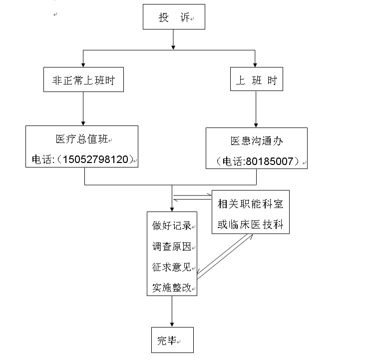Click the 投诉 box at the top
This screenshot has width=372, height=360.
(x=174, y=16)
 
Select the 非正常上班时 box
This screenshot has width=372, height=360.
(x=83, y=79)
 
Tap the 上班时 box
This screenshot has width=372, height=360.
(x=257, y=79)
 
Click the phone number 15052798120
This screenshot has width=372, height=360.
(x=95, y=159)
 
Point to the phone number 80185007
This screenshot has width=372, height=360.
(x=270, y=161)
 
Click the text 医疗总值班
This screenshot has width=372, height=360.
(x=82, y=139)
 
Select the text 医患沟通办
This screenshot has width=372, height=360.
(x=257, y=141)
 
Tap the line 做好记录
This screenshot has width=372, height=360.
(x=172, y=225)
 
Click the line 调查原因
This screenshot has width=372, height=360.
(x=172, y=246)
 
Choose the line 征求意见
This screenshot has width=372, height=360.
(x=172, y=267)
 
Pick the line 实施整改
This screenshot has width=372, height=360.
(x=172, y=288)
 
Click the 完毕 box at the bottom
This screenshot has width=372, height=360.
(x=172, y=340)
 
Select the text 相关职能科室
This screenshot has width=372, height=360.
(x=251, y=204)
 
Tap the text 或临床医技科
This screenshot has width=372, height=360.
(x=251, y=224)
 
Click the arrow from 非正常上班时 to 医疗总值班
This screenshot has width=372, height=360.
(x=83, y=108)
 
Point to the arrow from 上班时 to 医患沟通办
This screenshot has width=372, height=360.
(x=256, y=109)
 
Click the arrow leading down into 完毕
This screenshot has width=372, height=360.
(x=172, y=311)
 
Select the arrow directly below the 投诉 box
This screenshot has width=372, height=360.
(x=173, y=39)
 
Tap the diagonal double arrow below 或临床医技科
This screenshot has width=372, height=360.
(x=225, y=256)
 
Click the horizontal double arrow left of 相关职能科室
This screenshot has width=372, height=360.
(x=192, y=197)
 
